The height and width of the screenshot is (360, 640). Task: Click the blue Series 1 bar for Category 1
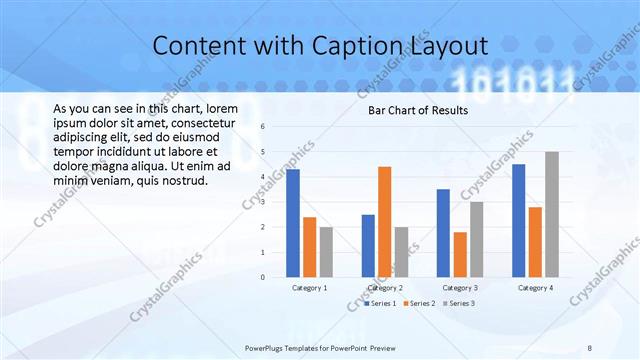[293, 223]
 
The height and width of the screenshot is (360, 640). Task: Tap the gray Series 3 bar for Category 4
[552, 214]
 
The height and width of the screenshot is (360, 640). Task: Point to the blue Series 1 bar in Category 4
[518, 220]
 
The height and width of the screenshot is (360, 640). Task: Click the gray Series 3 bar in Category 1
[326, 252]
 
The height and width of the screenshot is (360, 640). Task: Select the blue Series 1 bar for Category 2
[368, 245]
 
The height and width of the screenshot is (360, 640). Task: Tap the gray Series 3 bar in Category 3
[476, 239]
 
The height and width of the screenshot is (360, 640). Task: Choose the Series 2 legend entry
[420, 302]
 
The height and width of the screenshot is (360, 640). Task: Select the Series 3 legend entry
[458, 302]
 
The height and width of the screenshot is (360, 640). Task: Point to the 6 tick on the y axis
[261, 127]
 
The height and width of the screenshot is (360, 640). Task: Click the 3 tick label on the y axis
[261, 202]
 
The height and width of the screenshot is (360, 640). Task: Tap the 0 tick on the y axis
[261, 277]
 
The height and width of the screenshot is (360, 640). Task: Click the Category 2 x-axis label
[384, 288]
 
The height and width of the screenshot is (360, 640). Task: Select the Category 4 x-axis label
[535, 288]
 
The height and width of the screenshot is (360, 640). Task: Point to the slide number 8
[590, 347]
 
